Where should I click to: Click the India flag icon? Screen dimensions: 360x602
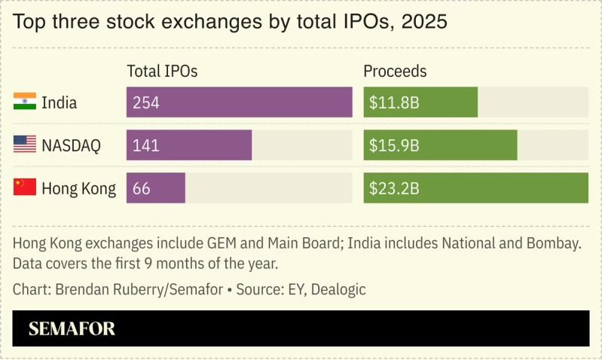coord(25,102)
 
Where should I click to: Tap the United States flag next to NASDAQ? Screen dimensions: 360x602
coord(25,145)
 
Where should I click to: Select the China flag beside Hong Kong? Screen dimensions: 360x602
coord(25,188)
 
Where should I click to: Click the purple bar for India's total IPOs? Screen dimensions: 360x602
coord(239,102)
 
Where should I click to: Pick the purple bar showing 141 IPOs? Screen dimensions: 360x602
coord(188,145)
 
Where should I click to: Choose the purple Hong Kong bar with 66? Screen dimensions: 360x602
coord(155,188)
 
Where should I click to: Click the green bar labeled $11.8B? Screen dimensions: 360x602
coord(420,102)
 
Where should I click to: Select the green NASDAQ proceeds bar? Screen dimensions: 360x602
coord(440,145)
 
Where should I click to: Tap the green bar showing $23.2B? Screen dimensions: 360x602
coord(475,188)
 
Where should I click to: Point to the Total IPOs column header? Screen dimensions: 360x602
coord(162,72)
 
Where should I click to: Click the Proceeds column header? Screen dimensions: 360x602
coord(395,72)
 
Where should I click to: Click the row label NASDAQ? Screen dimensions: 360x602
coord(71,145)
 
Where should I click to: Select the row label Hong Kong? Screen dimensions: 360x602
coord(78,188)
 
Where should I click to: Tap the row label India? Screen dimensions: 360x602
coord(59,102)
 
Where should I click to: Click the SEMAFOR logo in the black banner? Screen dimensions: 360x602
coord(72,329)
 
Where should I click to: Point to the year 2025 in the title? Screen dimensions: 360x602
coord(425,22)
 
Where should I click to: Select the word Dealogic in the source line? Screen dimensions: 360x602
coord(338,289)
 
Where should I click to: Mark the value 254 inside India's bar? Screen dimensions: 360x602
coord(145,102)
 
